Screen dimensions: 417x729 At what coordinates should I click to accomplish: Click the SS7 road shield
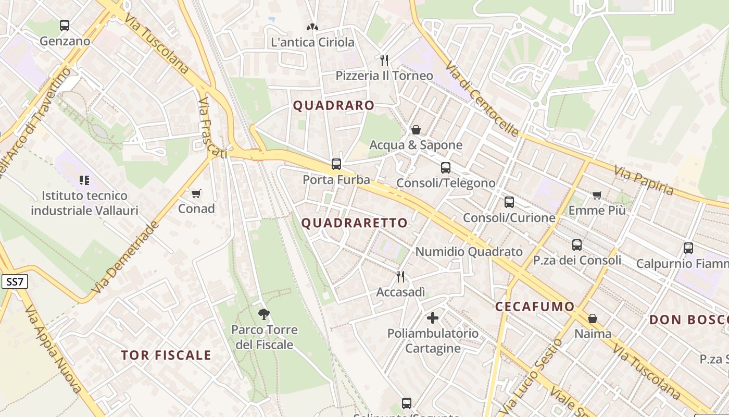coord(15,282)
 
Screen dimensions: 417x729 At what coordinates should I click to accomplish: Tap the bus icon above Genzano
coord(65,25)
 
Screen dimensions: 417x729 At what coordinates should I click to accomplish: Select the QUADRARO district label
coord(334,105)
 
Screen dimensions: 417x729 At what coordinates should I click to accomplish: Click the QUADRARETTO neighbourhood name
coord(355,223)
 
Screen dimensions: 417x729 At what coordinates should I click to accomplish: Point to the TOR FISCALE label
coord(166,355)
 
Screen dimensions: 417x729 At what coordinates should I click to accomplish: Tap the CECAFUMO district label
coord(535,306)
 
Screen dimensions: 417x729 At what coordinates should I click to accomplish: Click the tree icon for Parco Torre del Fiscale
coord(264,314)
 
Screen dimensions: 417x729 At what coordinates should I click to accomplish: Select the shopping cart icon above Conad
coord(196,194)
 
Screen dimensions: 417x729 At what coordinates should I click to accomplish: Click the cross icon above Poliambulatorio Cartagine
coord(432,317)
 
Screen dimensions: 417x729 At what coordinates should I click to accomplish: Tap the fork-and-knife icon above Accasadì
coord(400,276)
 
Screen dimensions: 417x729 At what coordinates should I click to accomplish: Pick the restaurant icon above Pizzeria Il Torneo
coord(384,60)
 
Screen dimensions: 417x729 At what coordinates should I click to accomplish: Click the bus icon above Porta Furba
coord(336,164)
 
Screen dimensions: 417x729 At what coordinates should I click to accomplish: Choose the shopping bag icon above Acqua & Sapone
coord(416,130)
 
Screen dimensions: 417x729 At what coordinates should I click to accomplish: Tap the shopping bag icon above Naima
coord(593,318)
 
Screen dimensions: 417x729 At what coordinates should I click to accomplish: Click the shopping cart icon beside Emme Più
coord(597,195)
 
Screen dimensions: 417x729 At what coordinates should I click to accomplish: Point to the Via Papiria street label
coord(644,180)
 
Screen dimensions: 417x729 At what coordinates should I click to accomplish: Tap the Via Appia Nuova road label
coord(53,349)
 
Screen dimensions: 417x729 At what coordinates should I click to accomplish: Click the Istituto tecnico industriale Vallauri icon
coord(84,180)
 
